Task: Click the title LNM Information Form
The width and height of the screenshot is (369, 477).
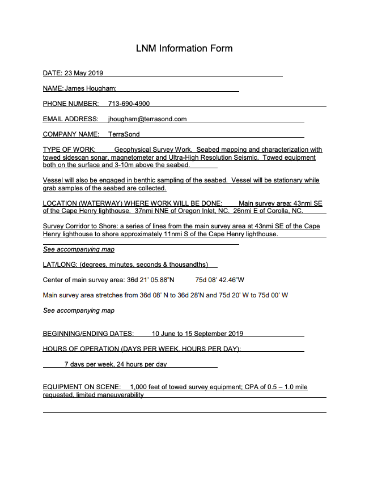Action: (184, 49)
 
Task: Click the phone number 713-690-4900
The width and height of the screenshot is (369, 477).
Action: (129, 104)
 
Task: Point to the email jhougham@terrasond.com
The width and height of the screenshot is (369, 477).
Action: (147, 119)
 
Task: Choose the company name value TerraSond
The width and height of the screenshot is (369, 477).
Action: (124, 134)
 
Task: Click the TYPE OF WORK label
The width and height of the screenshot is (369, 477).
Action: (65, 150)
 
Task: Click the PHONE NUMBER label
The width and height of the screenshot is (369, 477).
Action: (71, 104)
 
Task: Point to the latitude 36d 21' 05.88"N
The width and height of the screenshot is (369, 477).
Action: (151, 280)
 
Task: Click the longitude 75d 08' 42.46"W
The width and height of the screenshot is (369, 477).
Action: (220, 280)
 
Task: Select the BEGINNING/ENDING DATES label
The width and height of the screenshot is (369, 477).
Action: (88, 334)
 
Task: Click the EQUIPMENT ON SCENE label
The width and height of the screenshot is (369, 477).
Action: (82, 387)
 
